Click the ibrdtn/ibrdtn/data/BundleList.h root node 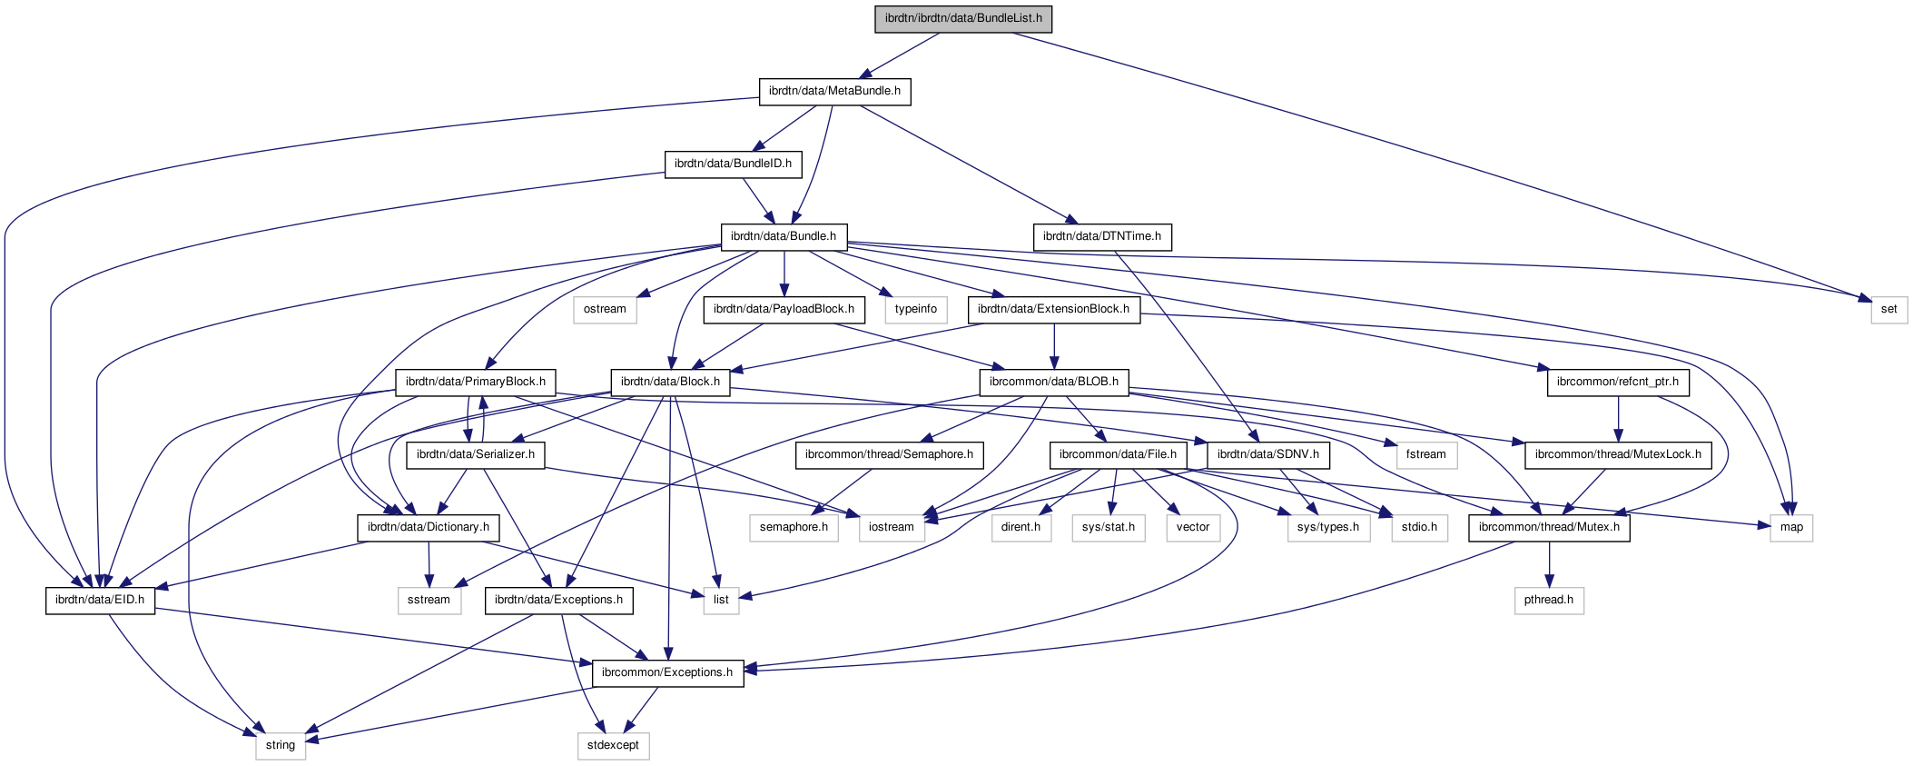(x=963, y=18)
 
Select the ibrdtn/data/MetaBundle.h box (x=834, y=91)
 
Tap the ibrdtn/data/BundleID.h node (x=733, y=164)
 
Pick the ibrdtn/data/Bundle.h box (x=784, y=236)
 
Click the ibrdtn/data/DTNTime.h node (x=1101, y=236)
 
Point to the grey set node (x=1888, y=309)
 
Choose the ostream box (x=605, y=309)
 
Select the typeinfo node (x=915, y=309)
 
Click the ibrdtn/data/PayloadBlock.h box (x=784, y=309)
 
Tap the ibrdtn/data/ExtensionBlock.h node (x=1053, y=309)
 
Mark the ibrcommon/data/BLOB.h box (x=1053, y=382)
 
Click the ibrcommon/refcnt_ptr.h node (x=1617, y=382)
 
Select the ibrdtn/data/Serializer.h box (x=475, y=454)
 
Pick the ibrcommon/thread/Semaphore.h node (x=889, y=454)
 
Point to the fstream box (x=1425, y=454)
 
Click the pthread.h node (x=1549, y=600)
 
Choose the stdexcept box (x=613, y=745)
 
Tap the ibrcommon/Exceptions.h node (x=667, y=672)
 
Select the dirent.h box (x=1021, y=527)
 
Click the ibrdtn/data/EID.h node (x=100, y=600)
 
